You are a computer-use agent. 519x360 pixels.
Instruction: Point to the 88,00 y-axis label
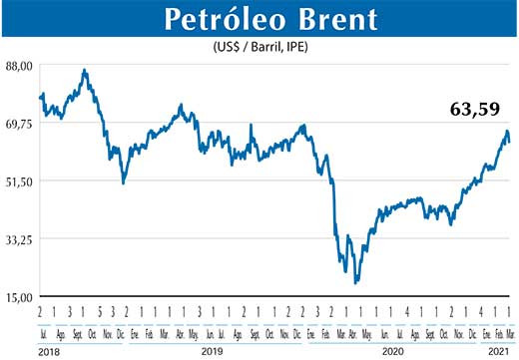click(x=20, y=65)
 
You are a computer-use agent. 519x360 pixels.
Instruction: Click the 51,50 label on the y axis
click(x=20, y=180)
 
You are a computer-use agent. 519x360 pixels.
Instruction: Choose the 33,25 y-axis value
click(x=20, y=239)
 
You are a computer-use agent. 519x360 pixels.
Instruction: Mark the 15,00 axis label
click(x=20, y=297)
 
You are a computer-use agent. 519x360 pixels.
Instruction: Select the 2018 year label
click(x=50, y=352)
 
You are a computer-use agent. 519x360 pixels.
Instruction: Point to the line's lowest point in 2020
click(x=356, y=282)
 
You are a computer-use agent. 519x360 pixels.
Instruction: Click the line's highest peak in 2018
click(x=85, y=70)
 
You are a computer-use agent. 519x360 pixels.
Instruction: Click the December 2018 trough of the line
click(x=123, y=182)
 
